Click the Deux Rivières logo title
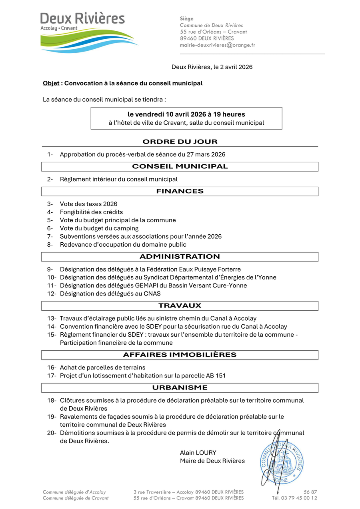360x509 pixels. (82, 18)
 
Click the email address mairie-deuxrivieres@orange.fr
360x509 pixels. (217, 45)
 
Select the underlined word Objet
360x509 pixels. (51, 83)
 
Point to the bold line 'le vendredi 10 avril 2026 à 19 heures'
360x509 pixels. (186, 114)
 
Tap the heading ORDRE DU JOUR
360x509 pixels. (180, 142)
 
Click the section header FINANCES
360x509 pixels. (180, 191)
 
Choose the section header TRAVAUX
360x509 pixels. (180, 306)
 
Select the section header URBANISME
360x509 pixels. (180, 387)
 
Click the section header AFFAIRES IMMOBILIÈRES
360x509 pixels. (180, 355)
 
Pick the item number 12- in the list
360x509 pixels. (52, 294)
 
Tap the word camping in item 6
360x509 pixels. (126, 228)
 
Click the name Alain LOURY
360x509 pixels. (198, 453)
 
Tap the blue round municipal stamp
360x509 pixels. (281, 462)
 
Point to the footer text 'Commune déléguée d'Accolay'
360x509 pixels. (74, 492)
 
